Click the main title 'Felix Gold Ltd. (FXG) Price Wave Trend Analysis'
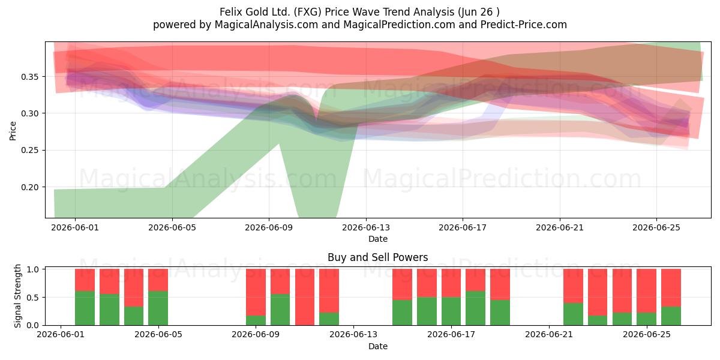pos(337,12)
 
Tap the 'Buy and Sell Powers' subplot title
pos(377,257)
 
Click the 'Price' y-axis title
pos(13,131)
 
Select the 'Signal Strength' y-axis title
pos(17,296)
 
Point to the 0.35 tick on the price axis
pos(29,77)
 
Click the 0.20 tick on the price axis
pos(29,187)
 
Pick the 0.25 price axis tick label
pos(29,150)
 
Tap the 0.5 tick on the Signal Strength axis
pos(33,298)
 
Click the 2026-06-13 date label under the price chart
pos(366,227)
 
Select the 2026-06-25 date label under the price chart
pos(656,227)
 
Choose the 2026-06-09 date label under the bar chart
pos(256,335)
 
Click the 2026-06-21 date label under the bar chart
pos(549,335)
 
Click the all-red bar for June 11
pos(305,297)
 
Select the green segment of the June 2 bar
pos(85,308)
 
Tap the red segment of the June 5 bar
pos(158,280)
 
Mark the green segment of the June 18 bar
pos(476,308)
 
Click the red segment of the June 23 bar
pos(598,292)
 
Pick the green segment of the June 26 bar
pos(671,316)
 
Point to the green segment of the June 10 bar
pos(280,310)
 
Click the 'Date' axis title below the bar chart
pos(377,346)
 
